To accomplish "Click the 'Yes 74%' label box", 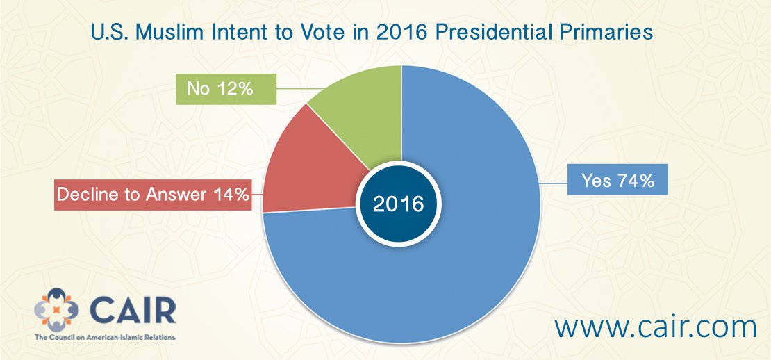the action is click(x=617, y=179).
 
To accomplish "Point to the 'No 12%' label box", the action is click(x=226, y=89).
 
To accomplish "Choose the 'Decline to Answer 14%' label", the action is click(x=153, y=195).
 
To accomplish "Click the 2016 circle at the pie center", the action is click(x=398, y=204).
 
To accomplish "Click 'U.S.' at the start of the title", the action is click(x=109, y=33).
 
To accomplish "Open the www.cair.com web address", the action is click(x=655, y=327).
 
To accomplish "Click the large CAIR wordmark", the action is click(x=132, y=311).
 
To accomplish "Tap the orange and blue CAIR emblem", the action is click(x=56, y=309).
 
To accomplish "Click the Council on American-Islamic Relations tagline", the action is click(x=105, y=338).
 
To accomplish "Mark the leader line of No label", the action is click(x=301, y=89).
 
